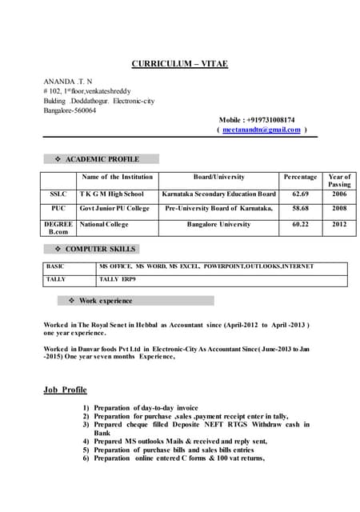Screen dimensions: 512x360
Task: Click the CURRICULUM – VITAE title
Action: click(x=180, y=64)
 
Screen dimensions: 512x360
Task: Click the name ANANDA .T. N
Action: click(x=67, y=82)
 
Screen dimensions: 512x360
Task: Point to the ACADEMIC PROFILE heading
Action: click(x=107, y=159)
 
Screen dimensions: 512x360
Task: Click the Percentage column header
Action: click(x=300, y=177)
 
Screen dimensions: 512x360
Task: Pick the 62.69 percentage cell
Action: click(x=300, y=194)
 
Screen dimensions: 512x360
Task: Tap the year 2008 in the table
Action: click(x=339, y=208)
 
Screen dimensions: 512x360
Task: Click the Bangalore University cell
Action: click(x=218, y=225)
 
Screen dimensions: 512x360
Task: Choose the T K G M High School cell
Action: click(x=111, y=194)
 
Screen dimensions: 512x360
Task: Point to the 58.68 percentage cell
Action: click(x=300, y=208)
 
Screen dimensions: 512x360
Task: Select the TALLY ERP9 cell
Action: click(x=118, y=279)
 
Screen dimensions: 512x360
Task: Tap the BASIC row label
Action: click(x=56, y=266)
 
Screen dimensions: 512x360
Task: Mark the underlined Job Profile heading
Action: click(x=65, y=390)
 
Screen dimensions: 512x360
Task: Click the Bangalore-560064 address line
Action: click(x=70, y=110)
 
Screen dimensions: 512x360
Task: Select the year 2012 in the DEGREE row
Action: click(x=339, y=225)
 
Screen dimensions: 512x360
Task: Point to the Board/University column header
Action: click(x=218, y=177)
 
